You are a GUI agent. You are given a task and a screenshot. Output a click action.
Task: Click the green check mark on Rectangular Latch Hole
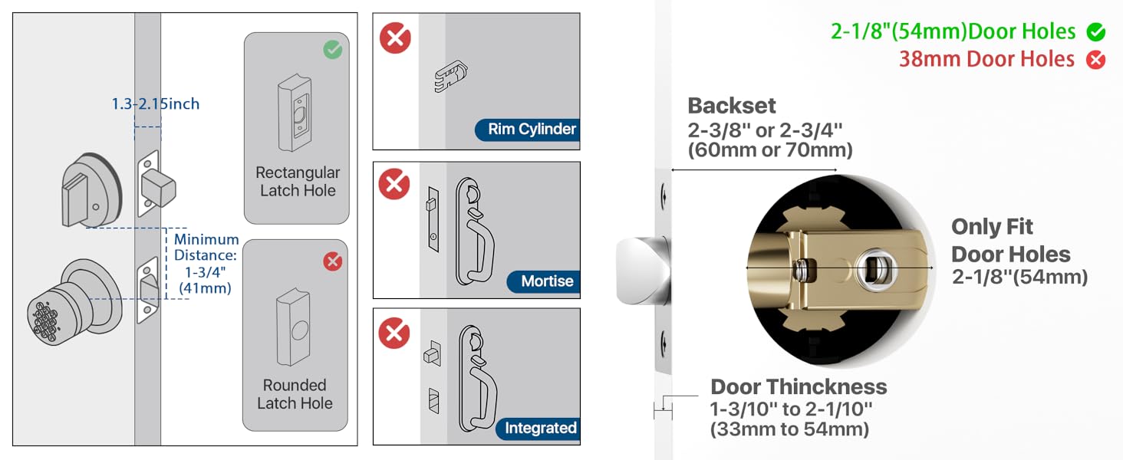coord(332,51)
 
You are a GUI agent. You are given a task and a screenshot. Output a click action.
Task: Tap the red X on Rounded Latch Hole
coord(332,262)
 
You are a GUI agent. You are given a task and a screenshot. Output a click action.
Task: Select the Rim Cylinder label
coord(532,129)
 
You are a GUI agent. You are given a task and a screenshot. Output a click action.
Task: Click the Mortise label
coord(547,281)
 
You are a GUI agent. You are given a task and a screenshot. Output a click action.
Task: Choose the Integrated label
coord(540,428)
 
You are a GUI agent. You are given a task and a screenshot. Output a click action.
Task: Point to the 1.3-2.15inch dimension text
coord(156,103)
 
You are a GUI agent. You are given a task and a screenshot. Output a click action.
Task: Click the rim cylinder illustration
coord(451,75)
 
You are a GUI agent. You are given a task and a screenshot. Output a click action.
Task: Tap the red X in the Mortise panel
coord(395,185)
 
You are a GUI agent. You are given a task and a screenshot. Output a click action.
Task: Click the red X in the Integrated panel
coord(395,333)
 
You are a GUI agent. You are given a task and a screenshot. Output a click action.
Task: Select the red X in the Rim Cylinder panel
coord(395,38)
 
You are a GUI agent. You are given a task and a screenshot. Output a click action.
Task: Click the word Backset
coord(732,106)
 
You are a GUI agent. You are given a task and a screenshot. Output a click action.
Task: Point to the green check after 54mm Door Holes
coord(1096,32)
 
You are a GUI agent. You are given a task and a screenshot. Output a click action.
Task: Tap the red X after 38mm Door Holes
coord(1096,60)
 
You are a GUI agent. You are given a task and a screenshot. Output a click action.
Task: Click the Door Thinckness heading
coord(799,386)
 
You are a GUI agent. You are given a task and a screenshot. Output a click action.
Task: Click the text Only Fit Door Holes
coord(1010,241)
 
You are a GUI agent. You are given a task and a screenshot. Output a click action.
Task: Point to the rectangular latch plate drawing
coord(293,112)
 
